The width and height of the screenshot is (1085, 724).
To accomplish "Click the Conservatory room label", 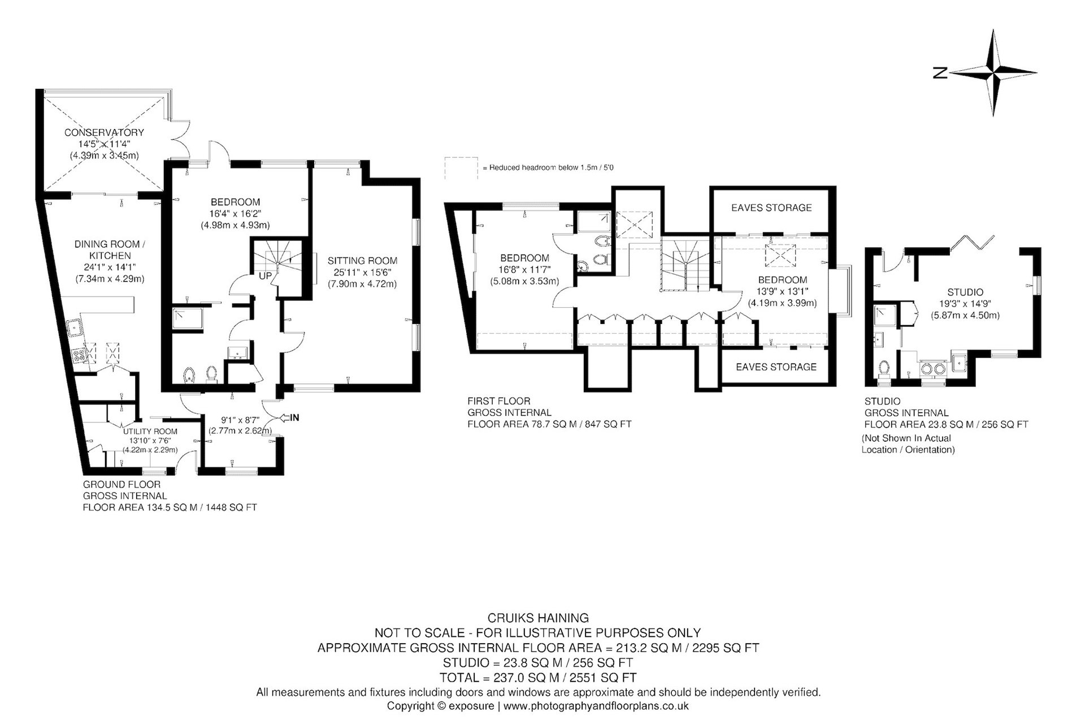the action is (104, 132).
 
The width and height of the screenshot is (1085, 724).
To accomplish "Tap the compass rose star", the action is (993, 73).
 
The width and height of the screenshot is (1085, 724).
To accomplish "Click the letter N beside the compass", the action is (940, 73).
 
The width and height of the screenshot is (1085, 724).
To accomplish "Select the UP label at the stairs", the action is (265, 277).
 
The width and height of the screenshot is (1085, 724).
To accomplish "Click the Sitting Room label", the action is (362, 261).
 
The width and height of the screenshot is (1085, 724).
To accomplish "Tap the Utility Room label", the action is (150, 432).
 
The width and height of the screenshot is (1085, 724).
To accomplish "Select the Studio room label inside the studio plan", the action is (965, 292).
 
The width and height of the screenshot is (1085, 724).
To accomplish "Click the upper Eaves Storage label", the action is (771, 208).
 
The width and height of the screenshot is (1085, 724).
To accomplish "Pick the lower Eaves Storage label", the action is (776, 367).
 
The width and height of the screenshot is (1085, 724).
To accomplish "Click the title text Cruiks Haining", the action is (538, 618).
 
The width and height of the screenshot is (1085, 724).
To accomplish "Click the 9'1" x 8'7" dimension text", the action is (236, 420).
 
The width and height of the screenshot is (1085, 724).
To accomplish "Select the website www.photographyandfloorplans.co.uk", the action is (596, 706).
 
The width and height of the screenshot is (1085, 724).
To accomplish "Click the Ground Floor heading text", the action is (121, 485).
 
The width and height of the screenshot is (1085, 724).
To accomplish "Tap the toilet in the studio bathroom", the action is (884, 369).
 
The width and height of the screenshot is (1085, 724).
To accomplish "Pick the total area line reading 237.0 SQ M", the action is (538, 677).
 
